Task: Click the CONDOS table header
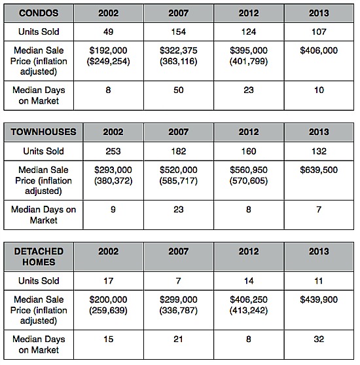tap(39, 13)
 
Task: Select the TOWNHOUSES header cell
tap(43, 132)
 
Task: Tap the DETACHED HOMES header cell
tap(39, 257)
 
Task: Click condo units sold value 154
tap(179, 31)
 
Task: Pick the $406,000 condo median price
tap(319, 50)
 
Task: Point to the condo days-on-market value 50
tap(179, 90)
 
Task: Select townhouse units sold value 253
tap(113, 151)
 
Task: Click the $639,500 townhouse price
tap(319, 170)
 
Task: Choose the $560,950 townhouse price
tap(249, 170)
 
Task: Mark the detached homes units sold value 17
tap(109, 280)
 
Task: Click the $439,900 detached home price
tap(319, 299)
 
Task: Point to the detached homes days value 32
tap(319, 339)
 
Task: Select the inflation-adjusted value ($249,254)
tap(109, 62)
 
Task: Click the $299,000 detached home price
tap(179, 299)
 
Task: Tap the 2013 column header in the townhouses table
tap(319, 132)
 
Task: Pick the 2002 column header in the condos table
tap(109, 13)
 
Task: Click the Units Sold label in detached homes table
tap(39, 280)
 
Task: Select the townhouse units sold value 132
tap(319, 151)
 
